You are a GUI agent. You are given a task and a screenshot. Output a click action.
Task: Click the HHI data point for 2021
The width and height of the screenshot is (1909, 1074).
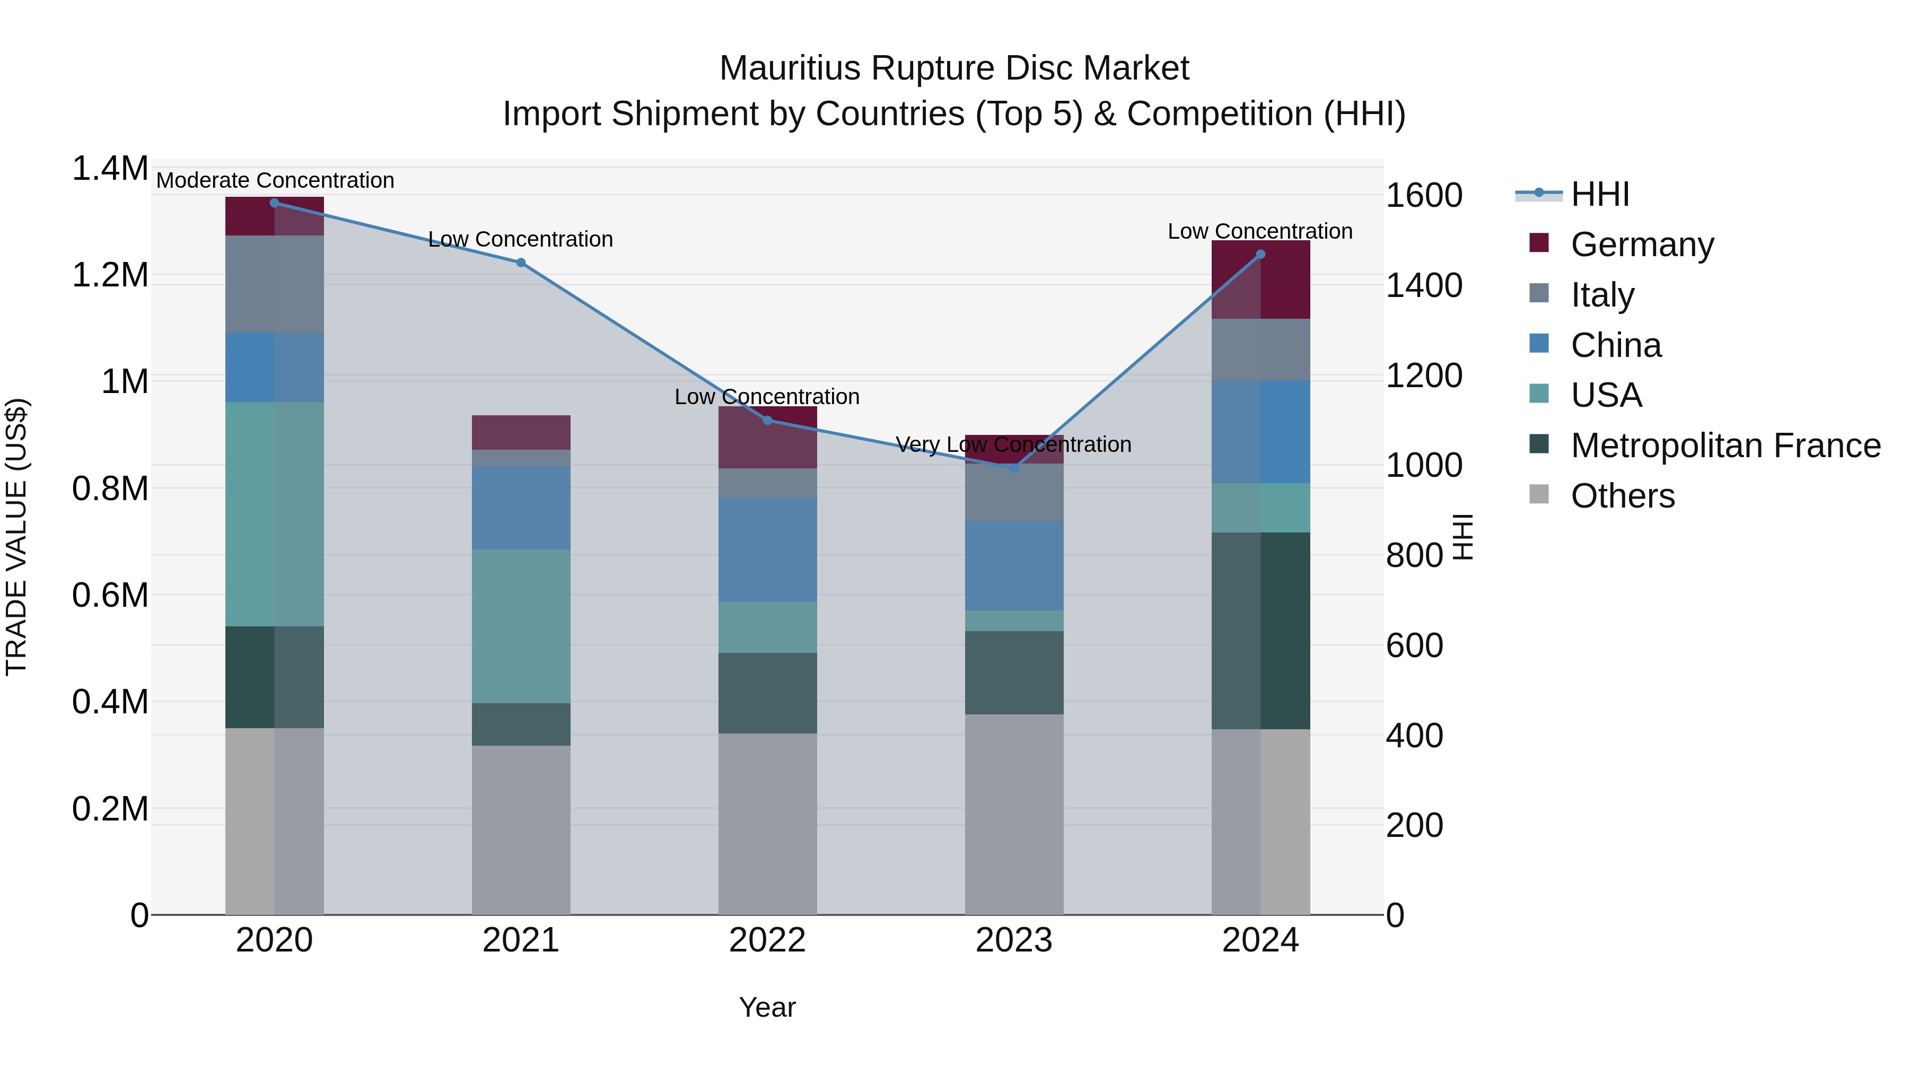tap(520, 263)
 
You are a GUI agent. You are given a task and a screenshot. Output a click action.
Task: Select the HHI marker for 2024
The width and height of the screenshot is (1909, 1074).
tap(1260, 254)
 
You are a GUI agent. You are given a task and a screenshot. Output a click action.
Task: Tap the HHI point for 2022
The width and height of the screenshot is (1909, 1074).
tap(768, 420)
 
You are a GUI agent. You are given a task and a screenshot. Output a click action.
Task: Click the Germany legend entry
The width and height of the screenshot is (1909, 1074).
tap(1641, 245)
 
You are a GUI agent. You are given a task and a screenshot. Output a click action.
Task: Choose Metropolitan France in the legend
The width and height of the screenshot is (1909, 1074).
tap(1725, 446)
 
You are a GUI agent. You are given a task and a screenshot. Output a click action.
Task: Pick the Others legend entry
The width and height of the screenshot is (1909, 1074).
tap(1622, 496)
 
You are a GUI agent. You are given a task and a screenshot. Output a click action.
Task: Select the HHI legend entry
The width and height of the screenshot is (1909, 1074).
tap(1599, 194)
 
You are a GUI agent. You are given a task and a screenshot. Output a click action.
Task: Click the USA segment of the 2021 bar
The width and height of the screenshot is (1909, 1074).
tap(521, 626)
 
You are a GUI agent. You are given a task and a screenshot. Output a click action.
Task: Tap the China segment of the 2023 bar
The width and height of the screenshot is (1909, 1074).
tap(1014, 565)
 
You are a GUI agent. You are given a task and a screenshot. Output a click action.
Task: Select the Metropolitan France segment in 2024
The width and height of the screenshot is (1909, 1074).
tap(1260, 630)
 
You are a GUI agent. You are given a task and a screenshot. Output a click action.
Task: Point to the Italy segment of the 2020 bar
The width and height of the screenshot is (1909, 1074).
tap(274, 283)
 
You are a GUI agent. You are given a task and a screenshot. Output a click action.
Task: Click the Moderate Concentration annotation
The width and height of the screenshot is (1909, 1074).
tap(275, 180)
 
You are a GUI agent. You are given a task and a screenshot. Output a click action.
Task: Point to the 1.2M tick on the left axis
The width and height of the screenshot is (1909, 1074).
tap(110, 275)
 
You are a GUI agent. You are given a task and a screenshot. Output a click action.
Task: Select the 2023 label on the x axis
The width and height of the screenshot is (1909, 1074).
tap(1014, 940)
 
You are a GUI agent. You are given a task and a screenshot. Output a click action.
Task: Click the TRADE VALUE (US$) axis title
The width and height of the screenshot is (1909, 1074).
tap(16, 537)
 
